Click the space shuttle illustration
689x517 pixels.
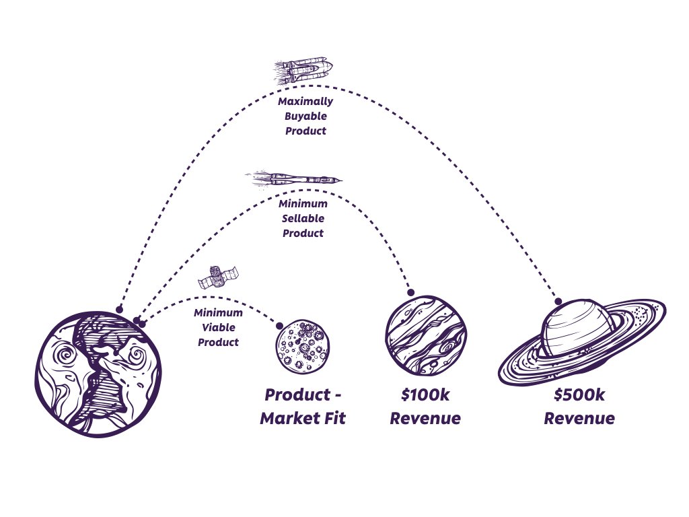tap(304, 69)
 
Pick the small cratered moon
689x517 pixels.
tap(302, 347)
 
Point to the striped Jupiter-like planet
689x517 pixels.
tap(426, 334)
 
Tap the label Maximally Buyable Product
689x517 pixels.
tap(305, 116)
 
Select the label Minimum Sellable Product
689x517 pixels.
tap(304, 218)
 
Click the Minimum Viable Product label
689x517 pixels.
tap(218, 327)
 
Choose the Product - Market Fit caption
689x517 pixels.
tap(303, 406)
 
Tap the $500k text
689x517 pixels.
tap(579, 394)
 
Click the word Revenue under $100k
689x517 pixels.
tap(426, 418)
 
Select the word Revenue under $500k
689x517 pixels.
tap(579, 418)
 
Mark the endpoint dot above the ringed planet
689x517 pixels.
tap(558, 301)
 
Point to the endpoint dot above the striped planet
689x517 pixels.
tap(410, 293)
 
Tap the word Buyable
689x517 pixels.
tap(305, 116)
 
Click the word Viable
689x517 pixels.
tap(218, 327)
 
